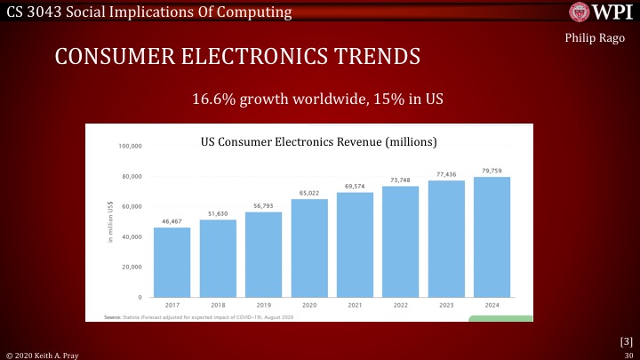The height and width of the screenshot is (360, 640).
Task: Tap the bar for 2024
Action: pos(492,236)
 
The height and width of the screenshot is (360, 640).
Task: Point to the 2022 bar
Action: pos(401,241)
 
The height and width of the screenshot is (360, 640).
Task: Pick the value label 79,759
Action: pos(492,170)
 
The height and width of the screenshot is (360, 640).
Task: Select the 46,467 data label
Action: pos(172,220)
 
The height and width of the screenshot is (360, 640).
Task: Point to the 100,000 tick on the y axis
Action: pos(130,146)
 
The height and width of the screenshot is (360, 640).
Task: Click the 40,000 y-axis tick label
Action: pos(132,236)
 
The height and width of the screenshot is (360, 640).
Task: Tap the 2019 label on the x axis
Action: pos(263,305)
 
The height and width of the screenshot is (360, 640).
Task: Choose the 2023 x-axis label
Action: pos(446,305)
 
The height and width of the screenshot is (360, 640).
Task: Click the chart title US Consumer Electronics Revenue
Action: pos(319,141)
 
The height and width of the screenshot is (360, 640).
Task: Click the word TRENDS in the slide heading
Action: pos(373,57)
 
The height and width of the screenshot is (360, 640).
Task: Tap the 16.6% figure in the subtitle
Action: pos(213,98)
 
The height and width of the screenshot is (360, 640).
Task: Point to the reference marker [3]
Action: pos(625,340)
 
